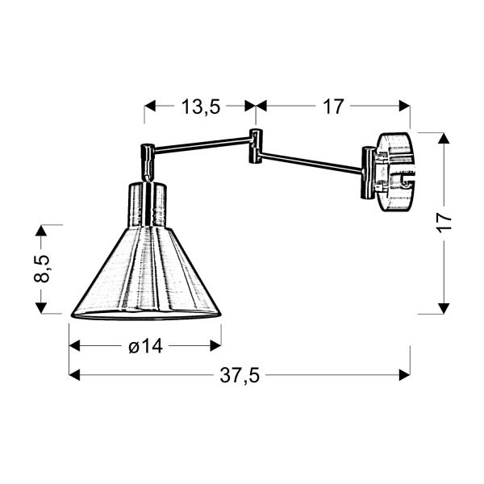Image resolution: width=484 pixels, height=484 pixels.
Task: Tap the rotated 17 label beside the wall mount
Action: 444,222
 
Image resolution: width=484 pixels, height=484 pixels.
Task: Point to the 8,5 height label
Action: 43,269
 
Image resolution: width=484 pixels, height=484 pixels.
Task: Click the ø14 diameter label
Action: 145,346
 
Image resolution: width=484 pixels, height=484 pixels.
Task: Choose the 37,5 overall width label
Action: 240,374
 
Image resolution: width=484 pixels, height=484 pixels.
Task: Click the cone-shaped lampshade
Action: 147,274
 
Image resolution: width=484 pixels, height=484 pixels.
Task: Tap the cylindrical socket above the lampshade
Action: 147,205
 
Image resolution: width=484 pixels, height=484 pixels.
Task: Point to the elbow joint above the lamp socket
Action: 148,159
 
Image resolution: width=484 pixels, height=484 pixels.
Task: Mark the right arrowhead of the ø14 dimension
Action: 215,346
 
